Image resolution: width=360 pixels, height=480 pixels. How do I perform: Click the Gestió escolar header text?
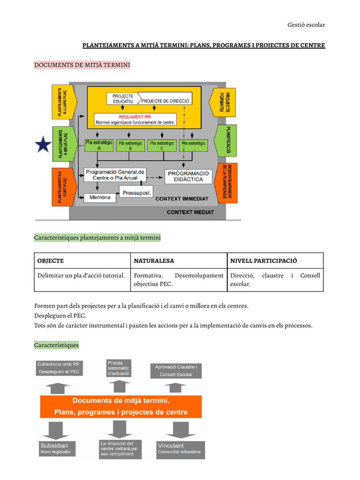point(306,24)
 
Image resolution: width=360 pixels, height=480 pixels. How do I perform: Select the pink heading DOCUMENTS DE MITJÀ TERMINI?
point(82,64)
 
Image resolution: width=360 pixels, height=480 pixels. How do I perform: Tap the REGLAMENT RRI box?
point(135,120)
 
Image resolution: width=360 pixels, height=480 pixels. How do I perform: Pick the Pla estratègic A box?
point(98,145)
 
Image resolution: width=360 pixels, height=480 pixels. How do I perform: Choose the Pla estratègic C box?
point(162,145)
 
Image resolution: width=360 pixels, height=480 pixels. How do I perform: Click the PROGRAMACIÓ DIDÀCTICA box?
point(188,176)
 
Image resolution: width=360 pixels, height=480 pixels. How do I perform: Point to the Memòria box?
point(99,197)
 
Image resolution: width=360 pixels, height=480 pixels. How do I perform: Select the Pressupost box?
point(136,193)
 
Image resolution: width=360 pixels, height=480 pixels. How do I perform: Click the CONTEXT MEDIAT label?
point(190,212)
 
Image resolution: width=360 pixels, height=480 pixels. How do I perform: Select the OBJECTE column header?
point(51,261)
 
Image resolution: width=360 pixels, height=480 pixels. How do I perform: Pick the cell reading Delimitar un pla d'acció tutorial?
point(81,276)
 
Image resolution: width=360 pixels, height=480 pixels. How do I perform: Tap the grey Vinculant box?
point(180,449)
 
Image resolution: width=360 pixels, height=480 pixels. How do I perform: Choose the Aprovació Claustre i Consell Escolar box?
point(176,371)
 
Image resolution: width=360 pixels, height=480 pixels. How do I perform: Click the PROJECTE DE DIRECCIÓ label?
point(165,101)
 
